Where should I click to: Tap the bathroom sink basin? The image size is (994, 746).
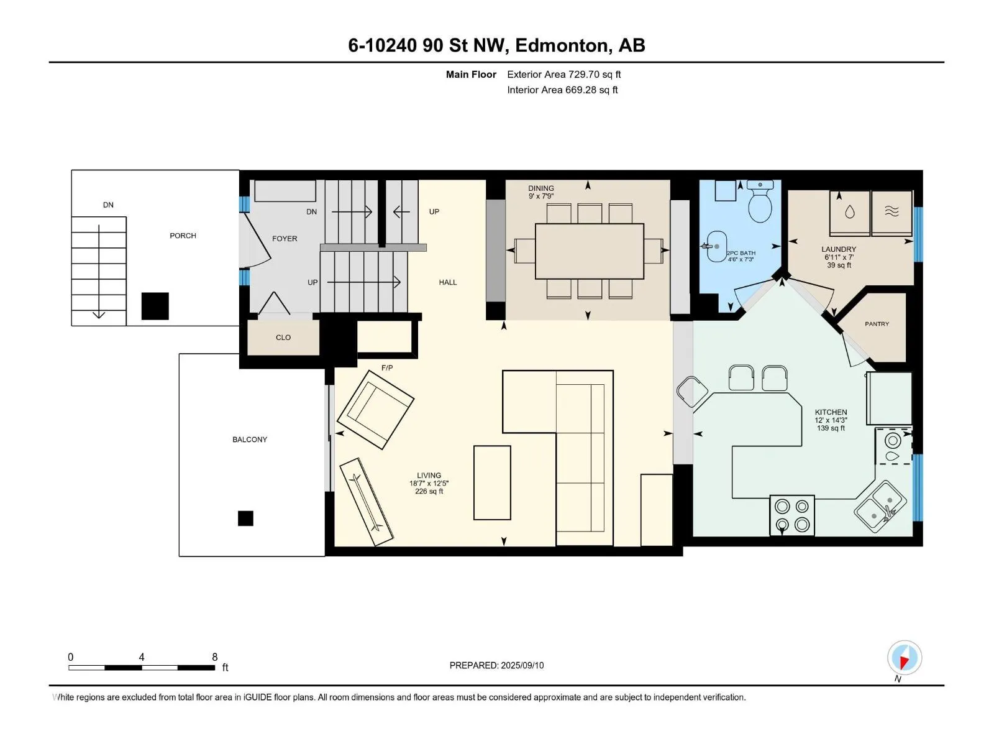tap(716, 246)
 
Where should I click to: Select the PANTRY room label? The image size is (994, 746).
tap(877, 324)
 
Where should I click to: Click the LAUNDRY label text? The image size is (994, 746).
tap(839, 249)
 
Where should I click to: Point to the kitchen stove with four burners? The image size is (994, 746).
tap(792, 515)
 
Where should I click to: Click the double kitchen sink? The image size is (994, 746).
tap(880, 507)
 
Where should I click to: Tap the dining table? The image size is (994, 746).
tap(589, 251)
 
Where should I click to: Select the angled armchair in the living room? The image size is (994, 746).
tap(375, 410)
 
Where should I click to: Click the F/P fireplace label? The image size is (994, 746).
tap(387, 368)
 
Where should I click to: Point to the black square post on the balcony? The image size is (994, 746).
tap(245, 518)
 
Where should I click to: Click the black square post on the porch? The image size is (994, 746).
tap(155, 306)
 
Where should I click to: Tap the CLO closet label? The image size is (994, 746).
tap(283, 338)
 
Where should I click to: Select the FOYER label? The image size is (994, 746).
tap(285, 239)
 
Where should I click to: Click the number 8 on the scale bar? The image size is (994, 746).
tap(215, 656)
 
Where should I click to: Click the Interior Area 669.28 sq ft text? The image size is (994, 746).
tap(562, 90)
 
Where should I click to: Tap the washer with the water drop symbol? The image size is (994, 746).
tap(849, 213)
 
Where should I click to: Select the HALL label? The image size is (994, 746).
tap(447, 282)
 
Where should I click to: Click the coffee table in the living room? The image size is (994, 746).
tap(492, 482)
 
